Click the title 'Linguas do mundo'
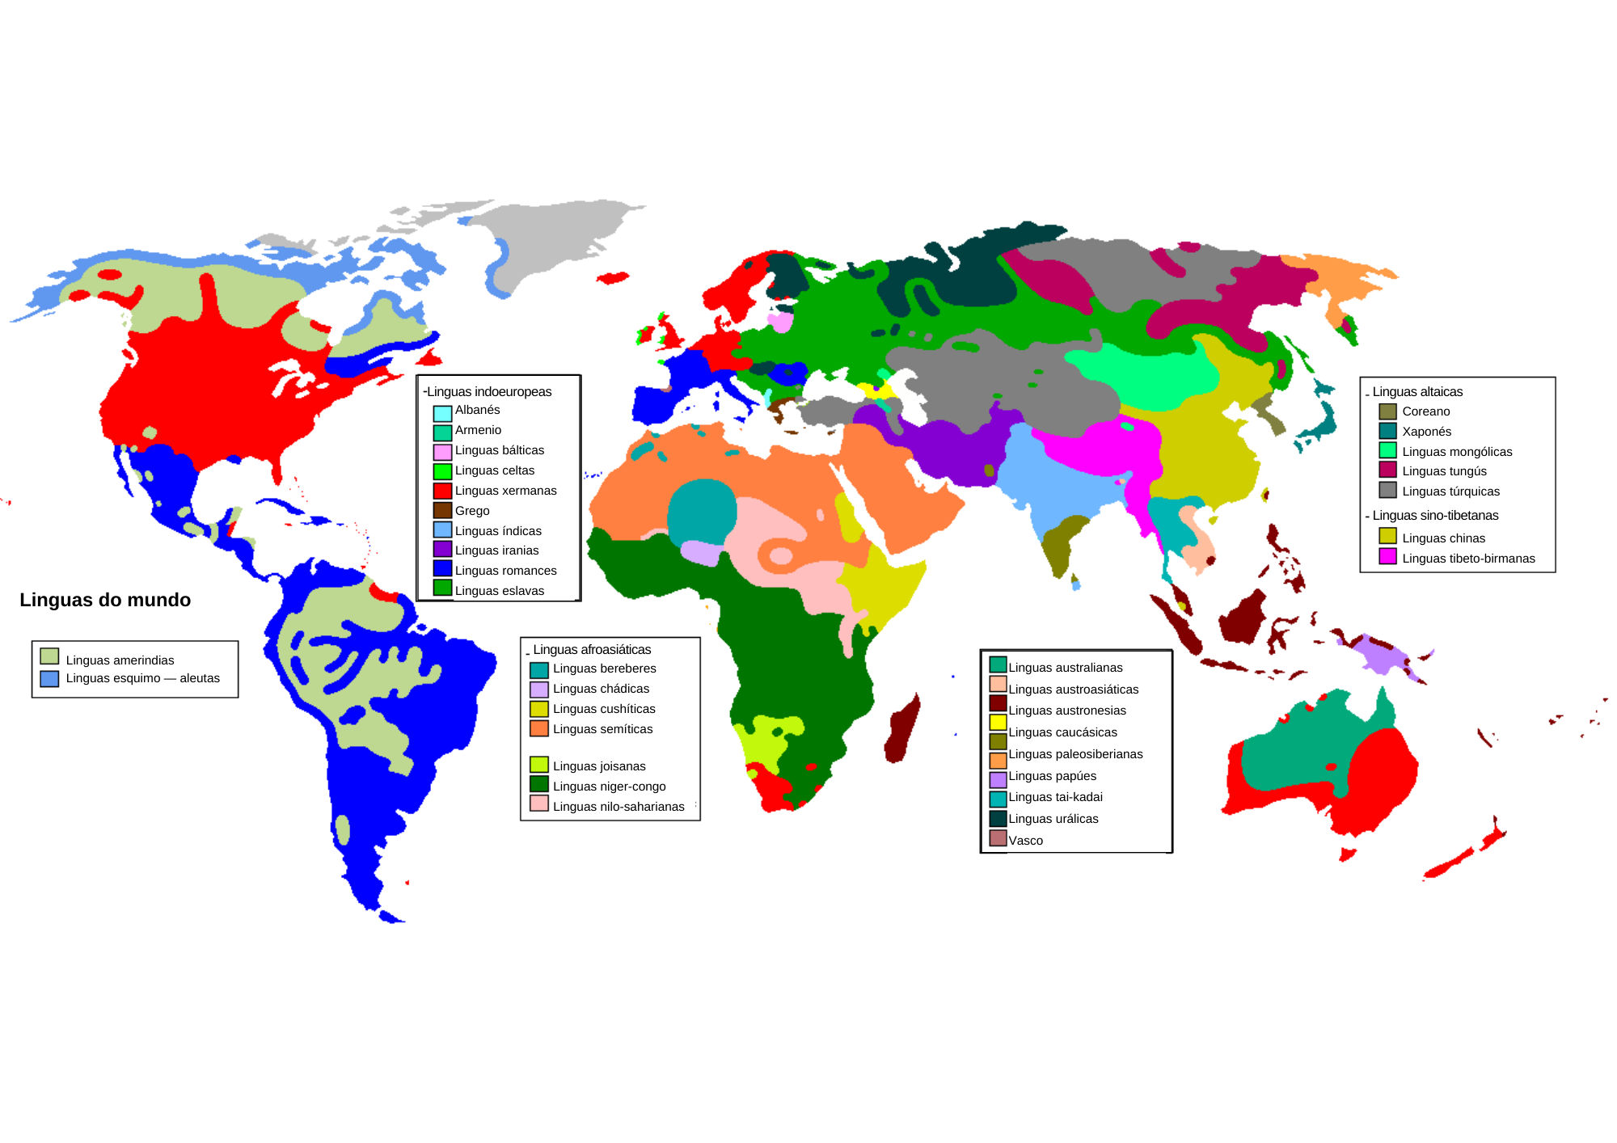click(x=105, y=600)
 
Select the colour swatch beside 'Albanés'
click(x=442, y=411)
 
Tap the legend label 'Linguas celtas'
click(x=494, y=470)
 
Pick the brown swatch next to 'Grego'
click(x=442, y=511)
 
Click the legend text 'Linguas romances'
click(x=505, y=571)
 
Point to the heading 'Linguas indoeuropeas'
click(x=489, y=391)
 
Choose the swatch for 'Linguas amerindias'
click(x=49, y=656)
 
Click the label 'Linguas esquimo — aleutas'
click(x=142, y=678)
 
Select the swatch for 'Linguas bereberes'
click(x=539, y=669)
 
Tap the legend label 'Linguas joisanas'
click(x=599, y=766)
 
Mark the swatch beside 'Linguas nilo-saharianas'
click(x=539, y=803)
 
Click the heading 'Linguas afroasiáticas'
click(x=592, y=649)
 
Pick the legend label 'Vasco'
click(x=1025, y=841)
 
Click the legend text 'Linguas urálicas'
click(x=1053, y=819)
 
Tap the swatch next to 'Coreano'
click(x=1387, y=411)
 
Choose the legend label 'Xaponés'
click(x=1426, y=432)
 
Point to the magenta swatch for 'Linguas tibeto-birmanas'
click(x=1387, y=556)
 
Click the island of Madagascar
click(x=903, y=729)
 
